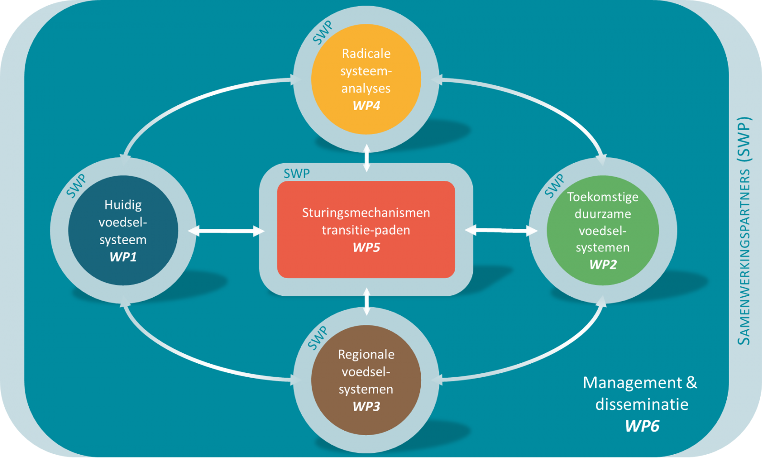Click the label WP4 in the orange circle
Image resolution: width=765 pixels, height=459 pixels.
(366, 106)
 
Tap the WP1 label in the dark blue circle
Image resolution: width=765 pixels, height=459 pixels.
(123, 257)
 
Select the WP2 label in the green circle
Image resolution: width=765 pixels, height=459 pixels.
(603, 265)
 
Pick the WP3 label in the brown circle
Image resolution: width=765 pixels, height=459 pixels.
(366, 406)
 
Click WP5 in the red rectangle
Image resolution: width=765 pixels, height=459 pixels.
(366, 247)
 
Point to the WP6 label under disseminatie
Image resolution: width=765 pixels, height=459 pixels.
(642, 426)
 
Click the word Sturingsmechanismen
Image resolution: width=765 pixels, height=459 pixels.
(366, 213)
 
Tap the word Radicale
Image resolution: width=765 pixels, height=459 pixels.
(366, 54)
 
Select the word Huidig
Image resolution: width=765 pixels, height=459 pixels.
(123, 205)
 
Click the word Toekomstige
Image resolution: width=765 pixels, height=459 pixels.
(603, 197)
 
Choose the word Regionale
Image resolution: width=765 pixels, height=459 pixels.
(366, 355)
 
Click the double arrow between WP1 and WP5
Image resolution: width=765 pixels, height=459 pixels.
(226, 231)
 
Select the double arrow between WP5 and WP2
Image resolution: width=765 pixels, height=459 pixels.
(501, 231)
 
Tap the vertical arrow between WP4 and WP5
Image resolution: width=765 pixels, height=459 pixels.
(367, 157)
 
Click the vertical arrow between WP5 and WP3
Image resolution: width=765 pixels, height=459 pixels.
(367, 302)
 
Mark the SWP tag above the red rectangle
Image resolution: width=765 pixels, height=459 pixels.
(296, 173)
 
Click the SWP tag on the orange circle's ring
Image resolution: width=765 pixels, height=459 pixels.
(323, 33)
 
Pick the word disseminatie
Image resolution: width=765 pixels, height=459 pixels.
(642, 404)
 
